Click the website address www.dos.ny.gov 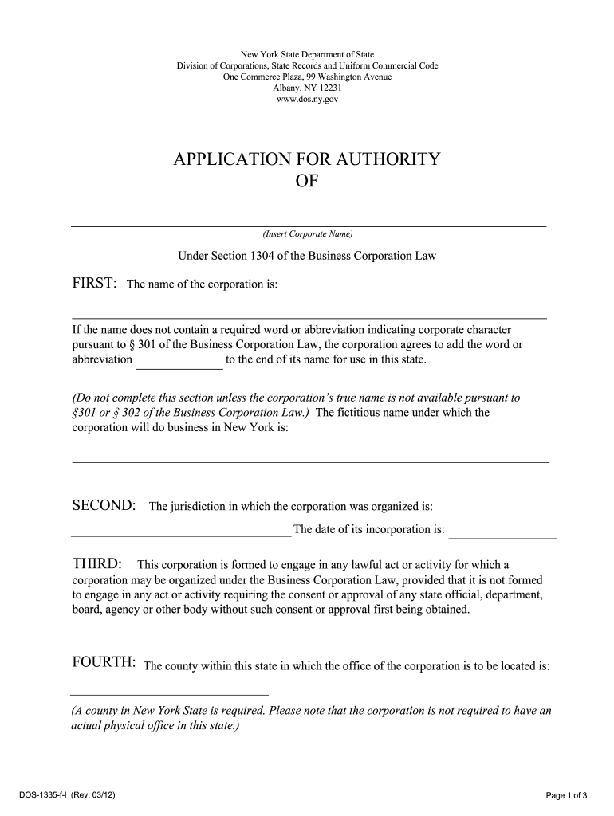pyautogui.click(x=307, y=100)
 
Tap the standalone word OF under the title pyautogui.click(x=307, y=182)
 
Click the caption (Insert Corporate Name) pyautogui.click(x=307, y=234)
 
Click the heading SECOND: pyautogui.click(x=104, y=506)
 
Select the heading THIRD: pyautogui.click(x=97, y=565)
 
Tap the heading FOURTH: pyautogui.click(x=104, y=665)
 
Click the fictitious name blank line pyautogui.click(x=310, y=461)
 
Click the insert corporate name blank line pyautogui.click(x=309, y=225)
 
